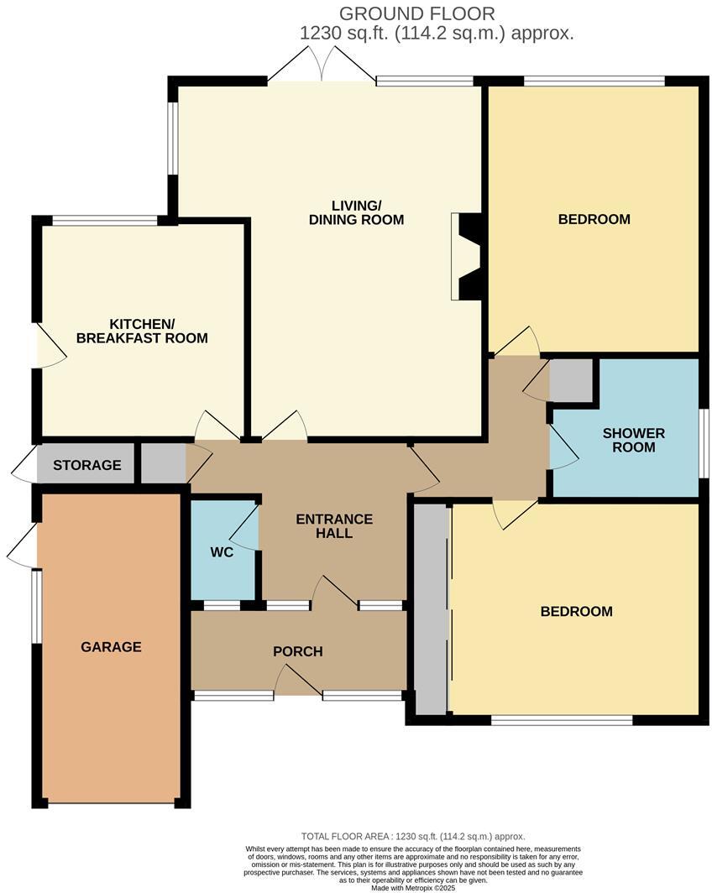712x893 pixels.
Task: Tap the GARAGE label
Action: tap(111, 647)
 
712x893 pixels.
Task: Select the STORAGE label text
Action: tap(87, 465)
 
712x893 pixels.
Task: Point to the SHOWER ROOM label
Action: tap(634, 441)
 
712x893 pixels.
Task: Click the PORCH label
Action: tap(298, 651)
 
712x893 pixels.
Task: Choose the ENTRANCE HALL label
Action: tap(334, 526)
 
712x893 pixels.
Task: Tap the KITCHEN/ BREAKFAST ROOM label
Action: tap(142, 332)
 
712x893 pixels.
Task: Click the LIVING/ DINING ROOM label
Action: tap(356, 213)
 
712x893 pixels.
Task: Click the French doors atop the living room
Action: tap(322, 65)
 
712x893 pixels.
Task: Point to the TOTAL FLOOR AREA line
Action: tap(413, 837)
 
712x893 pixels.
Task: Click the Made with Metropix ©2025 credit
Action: tap(413, 888)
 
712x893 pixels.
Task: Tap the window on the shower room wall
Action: tap(704, 441)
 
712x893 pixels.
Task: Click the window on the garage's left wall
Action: tap(37, 607)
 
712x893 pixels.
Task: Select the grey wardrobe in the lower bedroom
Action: tap(431, 609)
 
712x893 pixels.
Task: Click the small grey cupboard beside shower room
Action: tap(571, 380)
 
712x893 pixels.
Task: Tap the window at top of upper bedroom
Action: tap(594, 81)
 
